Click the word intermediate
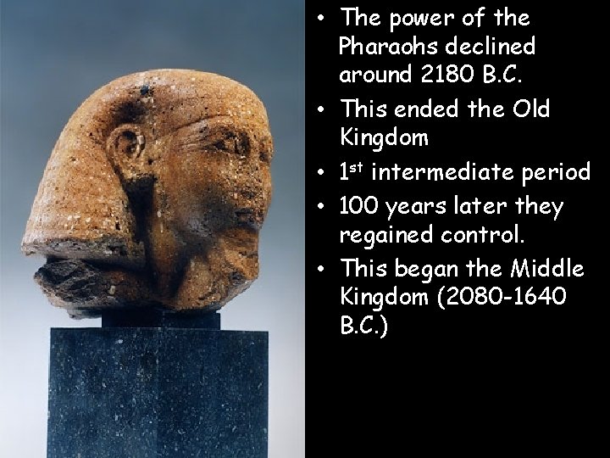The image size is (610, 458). pyautogui.click(x=444, y=172)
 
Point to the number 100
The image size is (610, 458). pyautogui.click(x=359, y=206)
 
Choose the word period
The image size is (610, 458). pyautogui.click(x=555, y=172)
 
